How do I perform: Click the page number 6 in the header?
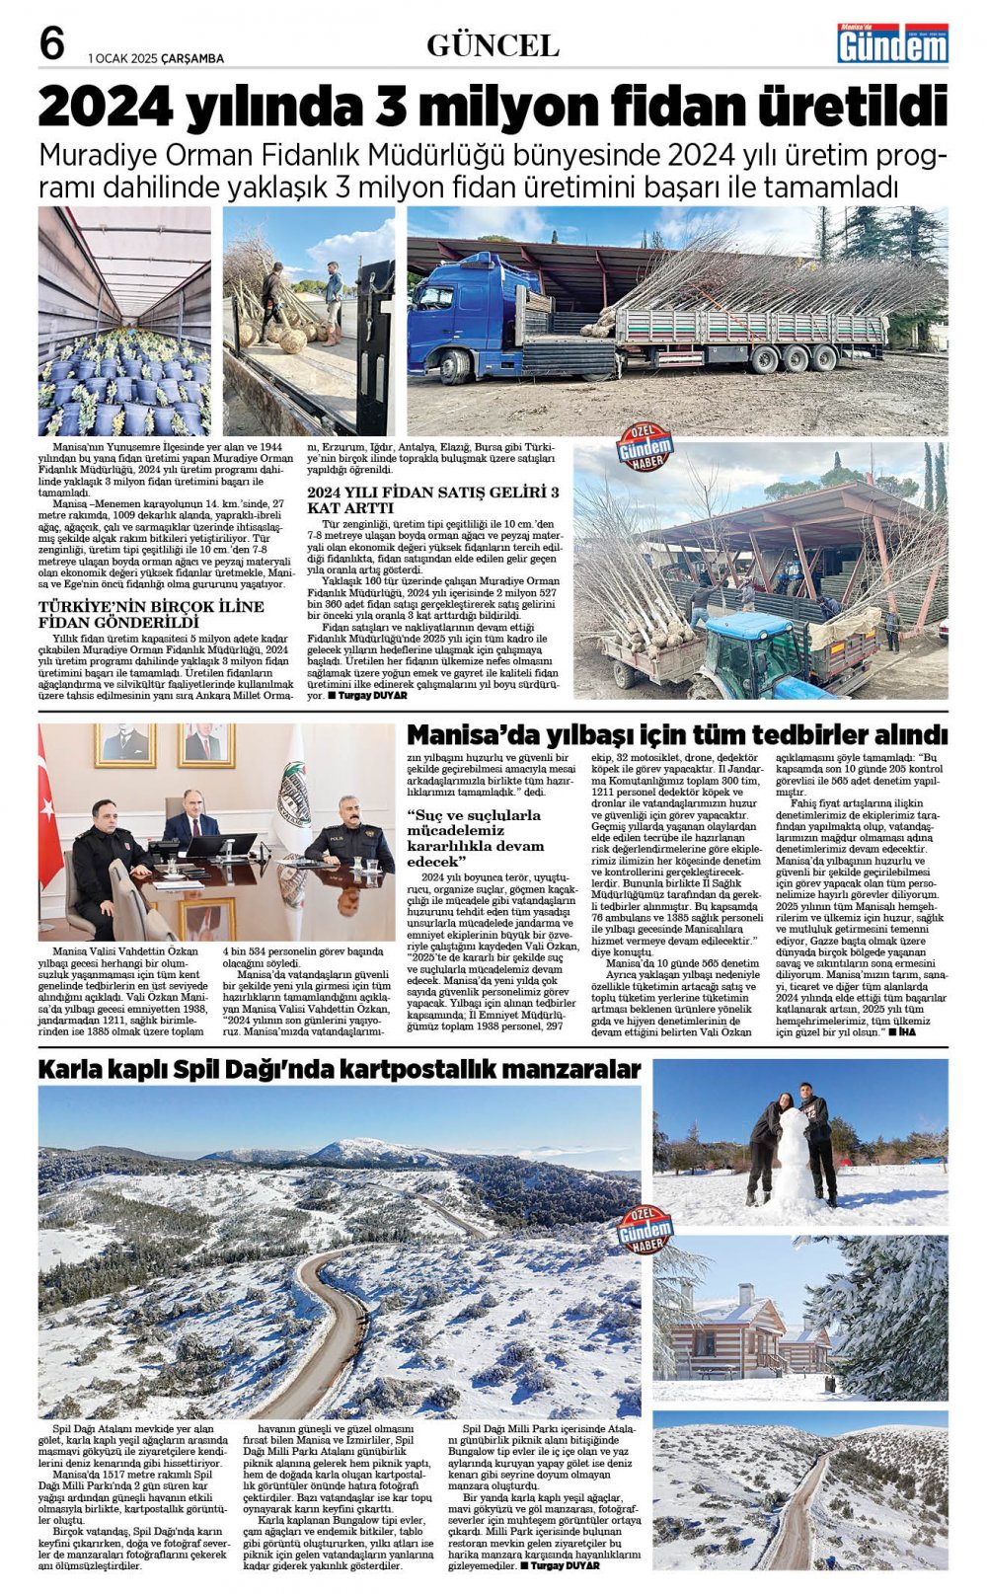point(51,43)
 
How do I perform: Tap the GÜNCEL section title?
point(493,45)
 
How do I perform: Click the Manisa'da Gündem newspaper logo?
point(892,43)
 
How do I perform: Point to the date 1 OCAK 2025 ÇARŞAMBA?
point(156,58)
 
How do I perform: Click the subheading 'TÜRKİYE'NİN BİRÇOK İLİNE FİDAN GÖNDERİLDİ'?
point(151,614)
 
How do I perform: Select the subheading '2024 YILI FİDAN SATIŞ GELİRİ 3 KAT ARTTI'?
point(433,499)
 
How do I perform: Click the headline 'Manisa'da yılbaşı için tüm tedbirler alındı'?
point(677,735)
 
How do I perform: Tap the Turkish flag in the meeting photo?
point(48,809)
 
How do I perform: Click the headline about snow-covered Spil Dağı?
point(339,1070)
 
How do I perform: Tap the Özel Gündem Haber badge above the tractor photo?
point(645,449)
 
